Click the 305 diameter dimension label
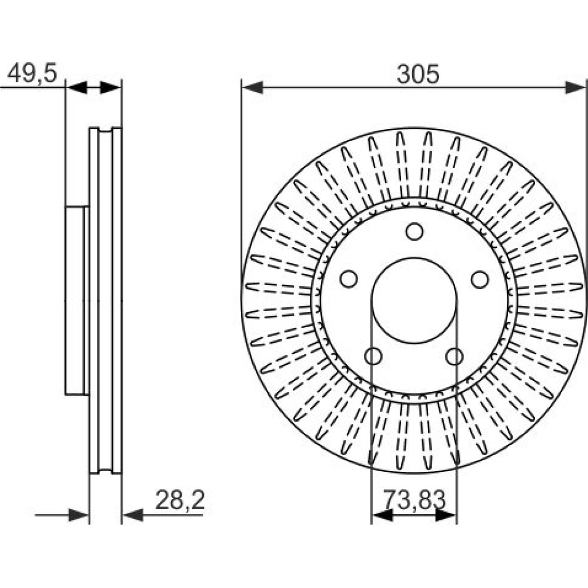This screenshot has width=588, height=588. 417,74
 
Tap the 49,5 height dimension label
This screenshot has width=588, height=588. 32,73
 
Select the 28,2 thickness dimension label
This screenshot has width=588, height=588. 180,500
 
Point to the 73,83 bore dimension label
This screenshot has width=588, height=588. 415,500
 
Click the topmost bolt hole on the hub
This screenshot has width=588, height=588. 415,231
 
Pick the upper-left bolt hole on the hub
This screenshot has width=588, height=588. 349,279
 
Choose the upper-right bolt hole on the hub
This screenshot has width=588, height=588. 480,279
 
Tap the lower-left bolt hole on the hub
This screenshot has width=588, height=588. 373,356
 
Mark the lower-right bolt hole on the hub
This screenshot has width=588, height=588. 455,356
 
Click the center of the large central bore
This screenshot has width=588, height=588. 414,300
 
